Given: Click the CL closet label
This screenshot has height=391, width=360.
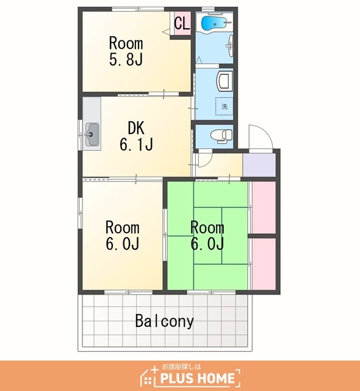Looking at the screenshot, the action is [182, 24].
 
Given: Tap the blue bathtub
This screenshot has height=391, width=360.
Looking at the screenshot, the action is [214, 23].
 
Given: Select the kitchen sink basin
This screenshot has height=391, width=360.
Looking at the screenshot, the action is [92, 134].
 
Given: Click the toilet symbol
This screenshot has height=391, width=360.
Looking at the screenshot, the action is [221, 136].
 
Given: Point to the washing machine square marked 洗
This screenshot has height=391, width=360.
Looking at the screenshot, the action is [225, 106].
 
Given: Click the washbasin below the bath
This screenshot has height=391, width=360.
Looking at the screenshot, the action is [231, 46].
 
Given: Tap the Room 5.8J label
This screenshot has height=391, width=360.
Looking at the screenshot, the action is [126, 51].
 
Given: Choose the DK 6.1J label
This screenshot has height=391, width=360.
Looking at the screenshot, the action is [136, 136].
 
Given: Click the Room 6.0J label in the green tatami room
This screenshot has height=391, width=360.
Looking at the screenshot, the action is [207, 235].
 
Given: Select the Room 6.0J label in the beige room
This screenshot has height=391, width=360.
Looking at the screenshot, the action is [123, 235].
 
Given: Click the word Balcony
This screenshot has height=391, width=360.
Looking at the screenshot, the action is [164, 321].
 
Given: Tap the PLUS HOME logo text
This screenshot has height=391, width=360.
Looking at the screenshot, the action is [197, 378].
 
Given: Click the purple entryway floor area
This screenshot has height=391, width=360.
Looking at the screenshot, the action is [259, 165].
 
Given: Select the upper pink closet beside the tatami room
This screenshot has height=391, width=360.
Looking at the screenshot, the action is [264, 208].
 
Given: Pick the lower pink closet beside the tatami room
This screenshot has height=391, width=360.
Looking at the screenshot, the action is [264, 264].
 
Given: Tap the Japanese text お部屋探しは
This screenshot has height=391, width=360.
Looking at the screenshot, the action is [181, 367].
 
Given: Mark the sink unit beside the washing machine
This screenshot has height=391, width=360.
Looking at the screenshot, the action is [225, 80].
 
